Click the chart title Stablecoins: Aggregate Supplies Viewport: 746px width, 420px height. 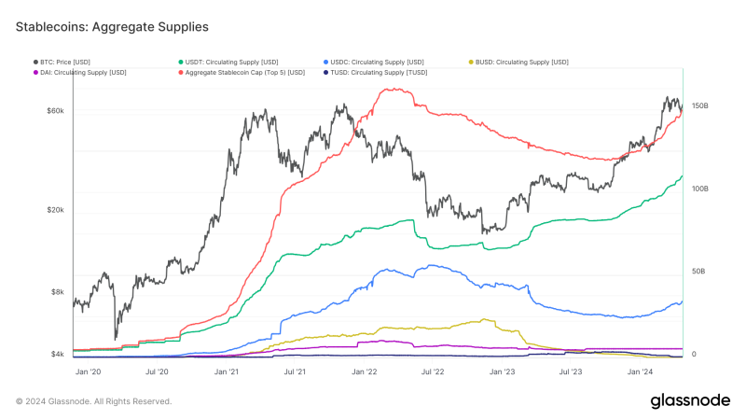point(112,28)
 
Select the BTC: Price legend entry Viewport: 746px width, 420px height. point(71,62)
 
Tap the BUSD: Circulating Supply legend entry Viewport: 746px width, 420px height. point(521,62)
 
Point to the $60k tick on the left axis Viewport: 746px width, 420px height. point(55,111)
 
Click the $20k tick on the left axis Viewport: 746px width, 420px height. point(55,210)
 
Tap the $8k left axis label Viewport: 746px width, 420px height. point(57,292)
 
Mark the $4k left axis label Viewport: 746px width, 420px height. point(57,355)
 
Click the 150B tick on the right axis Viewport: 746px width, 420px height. point(699,106)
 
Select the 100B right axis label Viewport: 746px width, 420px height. point(699,189)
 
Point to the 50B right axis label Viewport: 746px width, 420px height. point(698,272)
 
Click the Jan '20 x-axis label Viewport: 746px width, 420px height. point(89,371)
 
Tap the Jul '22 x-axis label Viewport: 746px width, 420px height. point(433,371)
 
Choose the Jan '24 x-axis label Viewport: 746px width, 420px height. point(640,371)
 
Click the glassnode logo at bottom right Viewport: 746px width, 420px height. point(690,400)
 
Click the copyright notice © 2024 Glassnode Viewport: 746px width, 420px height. point(93,401)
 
